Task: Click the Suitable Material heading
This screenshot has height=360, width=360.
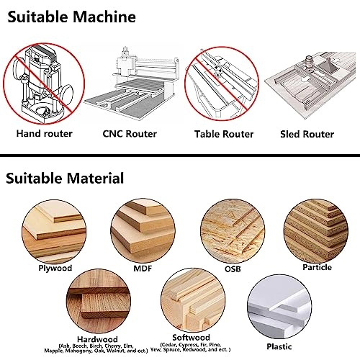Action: coord(66,177)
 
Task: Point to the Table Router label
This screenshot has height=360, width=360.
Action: coord(224,134)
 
